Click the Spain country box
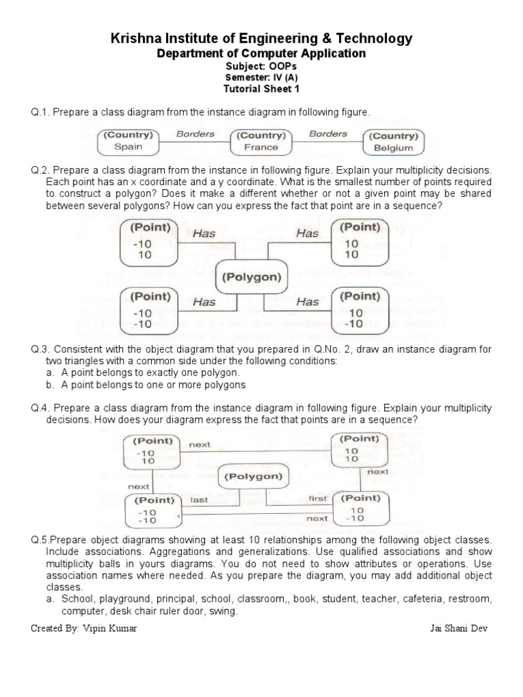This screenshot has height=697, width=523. (129, 141)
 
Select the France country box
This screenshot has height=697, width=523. (261, 141)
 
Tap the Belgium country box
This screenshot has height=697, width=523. (394, 142)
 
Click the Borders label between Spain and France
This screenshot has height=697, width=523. (195, 134)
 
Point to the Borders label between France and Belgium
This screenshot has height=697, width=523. (328, 134)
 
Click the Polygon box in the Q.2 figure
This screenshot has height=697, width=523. (252, 277)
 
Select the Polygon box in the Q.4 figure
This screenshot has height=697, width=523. (253, 476)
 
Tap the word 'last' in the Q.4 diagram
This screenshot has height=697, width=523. (199, 499)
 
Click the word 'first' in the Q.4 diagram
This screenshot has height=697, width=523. (318, 499)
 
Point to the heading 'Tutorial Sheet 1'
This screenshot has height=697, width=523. (261, 88)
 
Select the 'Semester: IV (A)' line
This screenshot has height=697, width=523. (261, 78)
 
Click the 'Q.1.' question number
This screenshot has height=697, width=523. (40, 112)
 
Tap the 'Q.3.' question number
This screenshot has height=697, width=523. (40, 349)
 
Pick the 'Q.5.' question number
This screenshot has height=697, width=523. (41, 540)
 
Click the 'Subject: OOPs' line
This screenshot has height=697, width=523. (261, 67)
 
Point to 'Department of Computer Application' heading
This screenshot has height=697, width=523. (261, 53)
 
